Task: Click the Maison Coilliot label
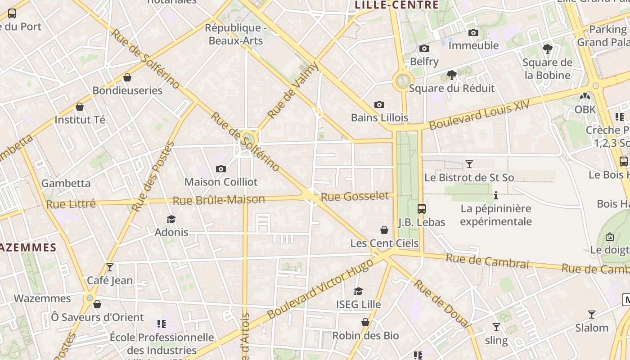click(221, 182)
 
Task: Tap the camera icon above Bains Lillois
click(379, 105)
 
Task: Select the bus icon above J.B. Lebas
click(422, 208)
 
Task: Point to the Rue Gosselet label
click(355, 196)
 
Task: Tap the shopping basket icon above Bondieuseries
click(127, 77)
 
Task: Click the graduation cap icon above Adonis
click(171, 219)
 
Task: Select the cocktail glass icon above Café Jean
click(110, 267)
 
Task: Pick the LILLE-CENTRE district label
click(396, 5)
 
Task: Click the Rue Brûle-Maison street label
click(219, 200)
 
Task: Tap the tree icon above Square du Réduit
click(452, 75)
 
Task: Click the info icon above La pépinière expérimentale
click(496, 195)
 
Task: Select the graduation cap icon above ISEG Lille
click(359, 292)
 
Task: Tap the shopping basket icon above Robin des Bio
click(365, 322)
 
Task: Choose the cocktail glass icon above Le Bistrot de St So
click(469, 164)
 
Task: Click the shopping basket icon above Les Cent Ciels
click(384, 230)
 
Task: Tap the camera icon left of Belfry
click(424, 48)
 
